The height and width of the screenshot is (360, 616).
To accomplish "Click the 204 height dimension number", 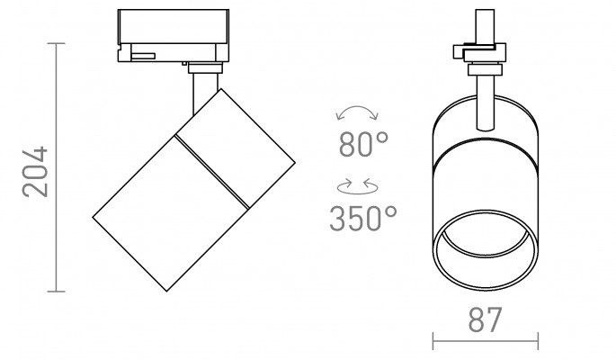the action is (x=35, y=172).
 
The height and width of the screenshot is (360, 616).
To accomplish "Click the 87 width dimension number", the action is (x=486, y=319).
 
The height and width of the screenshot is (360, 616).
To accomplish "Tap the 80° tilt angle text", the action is (x=363, y=144).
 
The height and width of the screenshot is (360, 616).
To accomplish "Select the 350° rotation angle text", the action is (x=363, y=218).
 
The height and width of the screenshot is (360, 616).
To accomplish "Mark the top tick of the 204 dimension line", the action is (x=56, y=43).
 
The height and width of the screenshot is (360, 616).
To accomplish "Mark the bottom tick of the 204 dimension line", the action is (x=56, y=292).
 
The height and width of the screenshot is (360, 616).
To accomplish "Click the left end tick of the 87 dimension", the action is (x=433, y=341).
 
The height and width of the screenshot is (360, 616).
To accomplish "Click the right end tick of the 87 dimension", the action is (x=538, y=341).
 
